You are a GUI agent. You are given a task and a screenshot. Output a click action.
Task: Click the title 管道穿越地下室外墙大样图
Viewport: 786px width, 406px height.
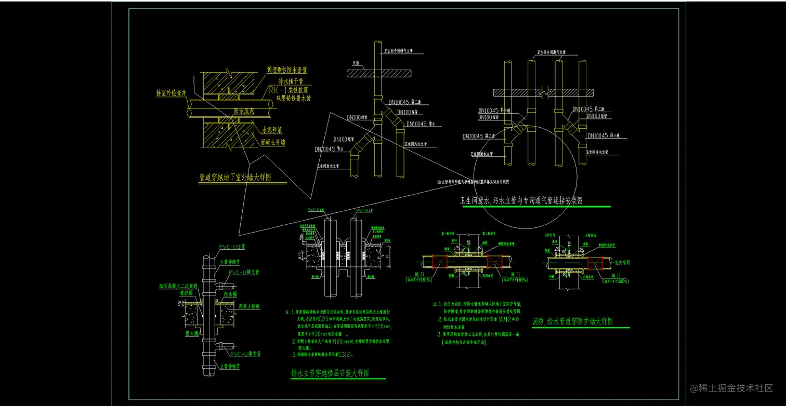(235, 178)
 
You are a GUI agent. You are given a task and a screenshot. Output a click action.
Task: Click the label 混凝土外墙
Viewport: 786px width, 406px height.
(273, 142)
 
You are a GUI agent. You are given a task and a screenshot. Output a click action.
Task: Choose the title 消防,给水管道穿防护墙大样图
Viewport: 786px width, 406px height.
(572, 322)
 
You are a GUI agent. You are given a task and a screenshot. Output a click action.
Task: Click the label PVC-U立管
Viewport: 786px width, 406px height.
(232, 247)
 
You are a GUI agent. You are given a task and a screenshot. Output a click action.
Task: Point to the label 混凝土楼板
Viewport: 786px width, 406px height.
(249, 307)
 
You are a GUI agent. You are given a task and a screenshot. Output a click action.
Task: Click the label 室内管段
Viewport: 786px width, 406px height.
(619, 262)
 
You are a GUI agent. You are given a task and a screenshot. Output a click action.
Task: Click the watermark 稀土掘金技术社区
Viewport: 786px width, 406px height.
(731, 388)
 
